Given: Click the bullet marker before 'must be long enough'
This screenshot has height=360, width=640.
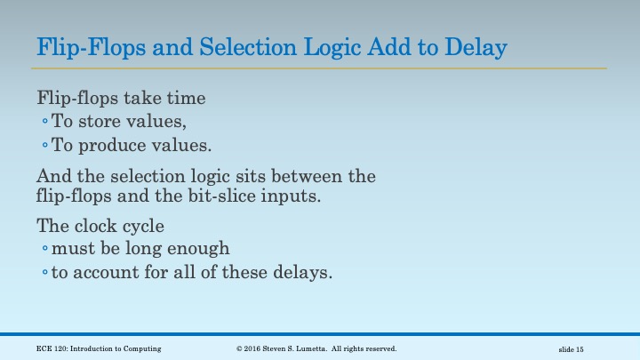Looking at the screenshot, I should click(x=44, y=249).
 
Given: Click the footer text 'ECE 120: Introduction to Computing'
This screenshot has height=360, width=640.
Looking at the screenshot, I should click(x=99, y=348).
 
